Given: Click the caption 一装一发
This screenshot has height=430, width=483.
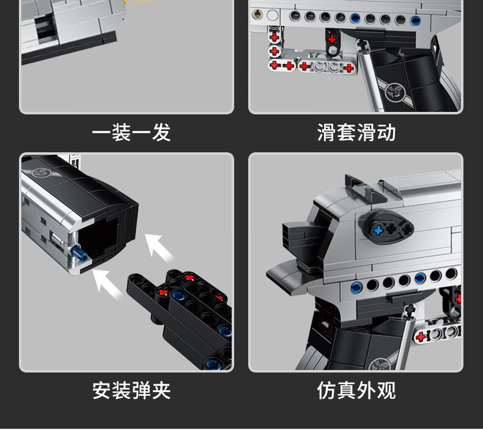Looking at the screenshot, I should point(131,132).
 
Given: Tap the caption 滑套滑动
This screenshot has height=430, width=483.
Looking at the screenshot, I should point(356,132).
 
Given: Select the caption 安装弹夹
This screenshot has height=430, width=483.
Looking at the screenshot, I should point(131,390).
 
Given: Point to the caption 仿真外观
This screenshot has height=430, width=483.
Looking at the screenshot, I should point(356,390).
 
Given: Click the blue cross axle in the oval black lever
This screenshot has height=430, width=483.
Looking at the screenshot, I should point(378,230).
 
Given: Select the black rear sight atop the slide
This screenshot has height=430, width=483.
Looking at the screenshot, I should point(361,186).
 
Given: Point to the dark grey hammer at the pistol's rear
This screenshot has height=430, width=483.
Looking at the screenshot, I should point(300,235).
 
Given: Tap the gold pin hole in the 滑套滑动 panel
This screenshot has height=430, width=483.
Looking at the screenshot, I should point(259,14).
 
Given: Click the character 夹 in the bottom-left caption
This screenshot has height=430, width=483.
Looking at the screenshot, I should point(161,390).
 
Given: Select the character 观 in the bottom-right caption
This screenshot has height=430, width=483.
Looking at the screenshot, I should point(386,390).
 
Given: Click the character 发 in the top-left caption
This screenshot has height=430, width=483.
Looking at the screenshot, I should point(161,132).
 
